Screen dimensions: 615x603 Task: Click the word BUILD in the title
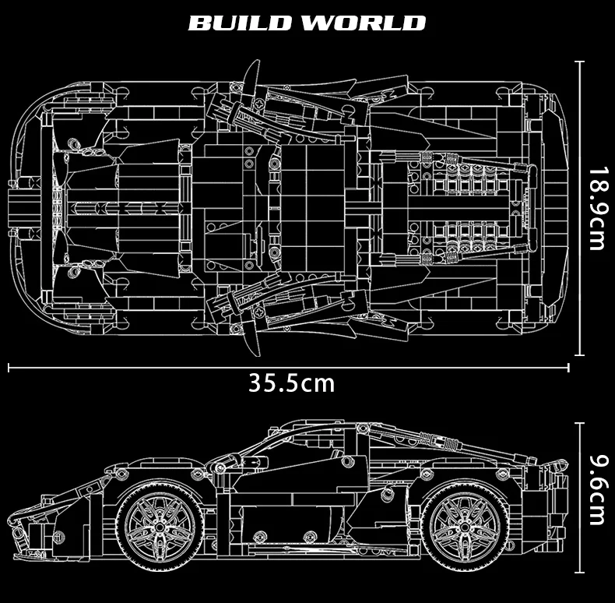pyautogui.click(x=243, y=23)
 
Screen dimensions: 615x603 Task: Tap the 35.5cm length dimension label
pyautogui.click(x=292, y=383)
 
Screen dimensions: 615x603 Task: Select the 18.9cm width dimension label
pyautogui.click(x=598, y=209)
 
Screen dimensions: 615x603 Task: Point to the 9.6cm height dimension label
pyautogui.click(x=598, y=490)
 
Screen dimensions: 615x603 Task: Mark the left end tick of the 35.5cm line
pyautogui.click(x=9, y=368)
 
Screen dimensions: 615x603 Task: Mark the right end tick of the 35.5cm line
pyautogui.click(x=568, y=368)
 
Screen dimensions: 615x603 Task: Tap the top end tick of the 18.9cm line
pyautogui.click(x=580, y=62)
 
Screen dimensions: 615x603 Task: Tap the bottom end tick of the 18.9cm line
pyautogui.click(x=580, y=354)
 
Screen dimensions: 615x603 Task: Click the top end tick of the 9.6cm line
pyautogui.click(x=580, y=424)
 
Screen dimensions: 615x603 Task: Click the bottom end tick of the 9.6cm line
pyautogui.click(x=580, y=572)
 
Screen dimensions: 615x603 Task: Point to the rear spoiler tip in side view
pyautogui.click(x=566, y=464)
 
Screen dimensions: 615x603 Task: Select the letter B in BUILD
pyautogui.click(x=201, y=23)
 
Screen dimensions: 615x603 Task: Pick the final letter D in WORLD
pyautogui.click(x=414, y=23)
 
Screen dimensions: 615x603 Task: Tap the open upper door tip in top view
pyautogui.click(x=257, y=62)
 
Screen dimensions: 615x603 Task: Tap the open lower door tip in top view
pyautogui.click(x=257, y=355)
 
